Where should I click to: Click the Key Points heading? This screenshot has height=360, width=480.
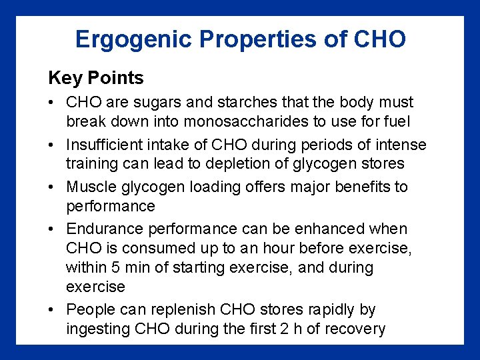pyautogui.click(x=95, y=78)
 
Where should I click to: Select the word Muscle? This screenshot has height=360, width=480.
pyautogui.click(x=89, y=187)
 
